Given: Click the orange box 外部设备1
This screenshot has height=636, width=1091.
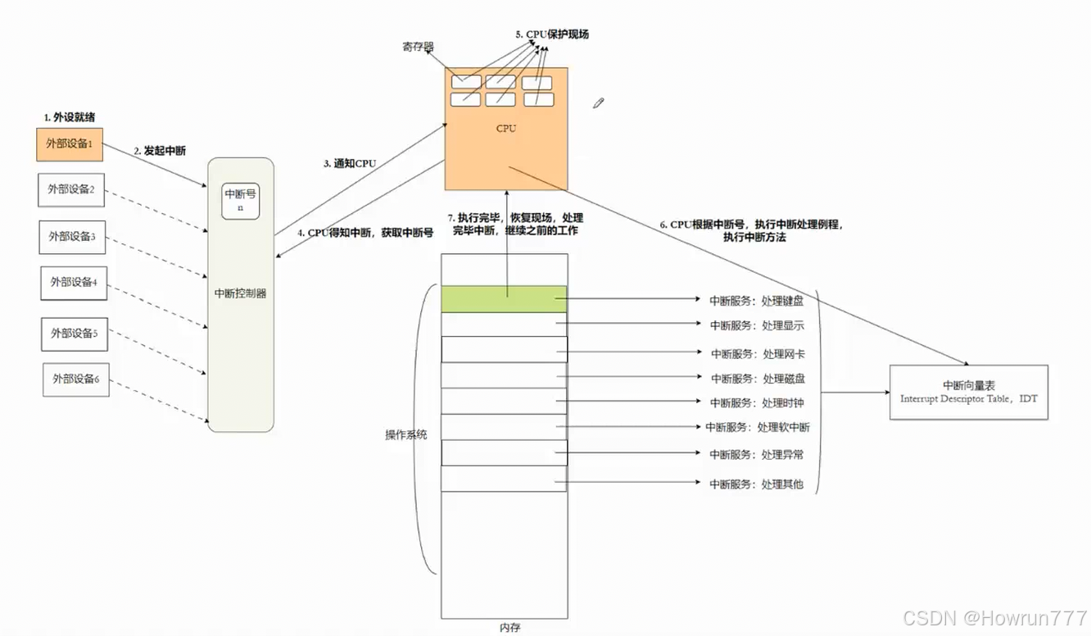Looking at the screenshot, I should coord(70,144).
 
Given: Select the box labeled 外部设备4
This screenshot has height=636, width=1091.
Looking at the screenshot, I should coord(74,282).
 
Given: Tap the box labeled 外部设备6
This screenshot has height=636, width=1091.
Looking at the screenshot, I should coord(76,379).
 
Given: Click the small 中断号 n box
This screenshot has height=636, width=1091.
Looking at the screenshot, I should coord(241,201).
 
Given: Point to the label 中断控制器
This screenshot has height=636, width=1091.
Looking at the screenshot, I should coord(240,293).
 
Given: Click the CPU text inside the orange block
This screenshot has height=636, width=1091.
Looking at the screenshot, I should coord(507,129).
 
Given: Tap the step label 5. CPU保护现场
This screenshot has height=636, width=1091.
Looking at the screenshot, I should coord(552,34).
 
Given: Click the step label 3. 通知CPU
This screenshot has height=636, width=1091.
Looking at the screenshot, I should coord(350,163).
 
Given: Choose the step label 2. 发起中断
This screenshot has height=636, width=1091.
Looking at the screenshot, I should coord(160,151).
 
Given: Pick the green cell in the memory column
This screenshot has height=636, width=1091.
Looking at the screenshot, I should coord(504,299).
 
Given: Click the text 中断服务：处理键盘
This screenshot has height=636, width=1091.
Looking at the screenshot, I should coord(756,301).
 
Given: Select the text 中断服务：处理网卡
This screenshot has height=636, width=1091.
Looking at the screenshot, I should coord(757,353).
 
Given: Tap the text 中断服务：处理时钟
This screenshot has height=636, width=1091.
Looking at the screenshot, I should coord(757,402).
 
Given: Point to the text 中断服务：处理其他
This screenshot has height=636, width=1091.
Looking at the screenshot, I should coord(756,484).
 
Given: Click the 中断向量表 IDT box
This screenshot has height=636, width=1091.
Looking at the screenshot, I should coord(968,392).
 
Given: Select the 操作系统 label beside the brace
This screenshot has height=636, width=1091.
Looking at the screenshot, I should coord(406,434).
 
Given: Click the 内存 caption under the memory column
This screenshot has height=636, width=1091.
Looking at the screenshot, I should coord(509,628).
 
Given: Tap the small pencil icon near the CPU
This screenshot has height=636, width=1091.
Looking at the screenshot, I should coord(599,103).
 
